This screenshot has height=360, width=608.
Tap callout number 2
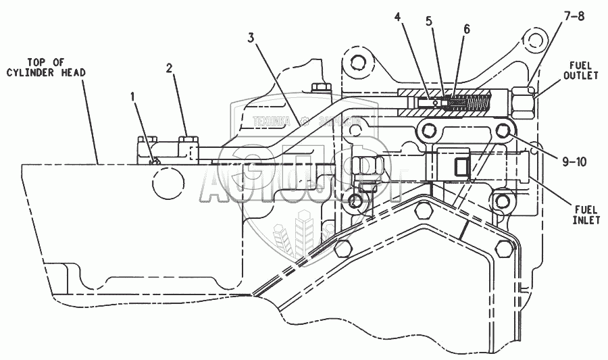tap(170, 69)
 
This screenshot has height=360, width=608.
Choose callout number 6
tap(467, 31)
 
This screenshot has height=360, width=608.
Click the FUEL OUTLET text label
tap(581, 72)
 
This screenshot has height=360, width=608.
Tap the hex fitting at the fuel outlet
tap(522, 101)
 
